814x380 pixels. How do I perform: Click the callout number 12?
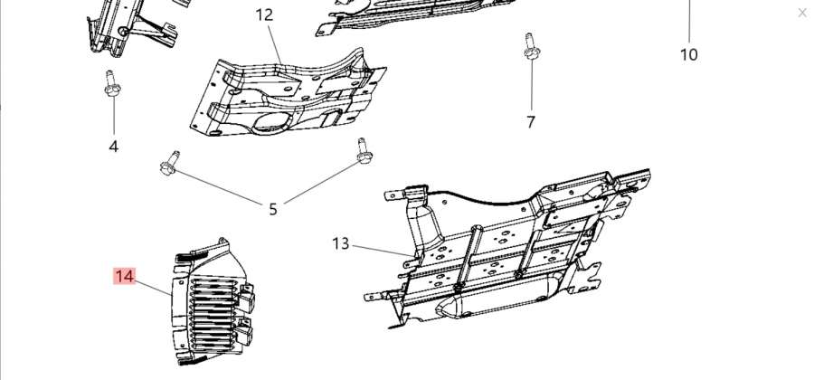[x=264, y=14]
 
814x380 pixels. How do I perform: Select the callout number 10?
[x=689, y=55]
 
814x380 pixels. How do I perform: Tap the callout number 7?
[x=531, y=122]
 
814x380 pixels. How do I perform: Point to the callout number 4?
[x=113, y=147]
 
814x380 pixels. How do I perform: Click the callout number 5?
[x=272, y=210]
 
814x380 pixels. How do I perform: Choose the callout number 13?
[x=340, y=243]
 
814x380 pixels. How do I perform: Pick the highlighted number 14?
[x=125, y=276]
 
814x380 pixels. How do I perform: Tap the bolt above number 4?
[x=112, y=84]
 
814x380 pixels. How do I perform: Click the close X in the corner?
[x=801, y=13]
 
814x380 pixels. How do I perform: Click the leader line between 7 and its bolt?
[x=531, y=86]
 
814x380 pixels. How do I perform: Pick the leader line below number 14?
[x=154, y=288]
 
